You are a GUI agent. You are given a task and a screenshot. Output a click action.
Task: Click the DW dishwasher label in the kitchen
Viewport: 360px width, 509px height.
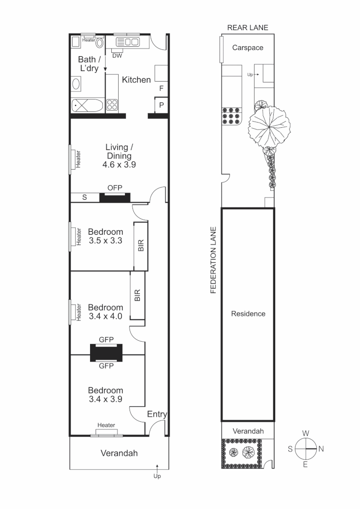click(x=117, y=56)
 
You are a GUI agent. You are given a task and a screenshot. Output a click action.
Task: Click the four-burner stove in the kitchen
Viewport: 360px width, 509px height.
click(x=112, y=105)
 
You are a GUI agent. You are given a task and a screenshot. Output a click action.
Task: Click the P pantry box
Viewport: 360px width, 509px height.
click(x=161, y=105)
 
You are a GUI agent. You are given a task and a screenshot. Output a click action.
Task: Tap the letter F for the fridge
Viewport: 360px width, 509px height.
click(x=161, y=88)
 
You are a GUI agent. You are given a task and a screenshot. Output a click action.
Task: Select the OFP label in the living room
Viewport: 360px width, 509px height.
click(x=115, y=188)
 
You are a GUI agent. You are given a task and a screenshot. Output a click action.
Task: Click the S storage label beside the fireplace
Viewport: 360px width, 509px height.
click(x=84, y=197)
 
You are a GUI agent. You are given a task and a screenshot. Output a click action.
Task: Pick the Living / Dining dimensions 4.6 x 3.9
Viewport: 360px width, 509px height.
click(x=118, y=165)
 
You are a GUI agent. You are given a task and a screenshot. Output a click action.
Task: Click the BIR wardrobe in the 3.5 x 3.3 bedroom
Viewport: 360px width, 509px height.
click(x=140, y=246)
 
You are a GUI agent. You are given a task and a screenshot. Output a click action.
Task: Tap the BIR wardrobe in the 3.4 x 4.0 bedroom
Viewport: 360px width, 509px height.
click(x=137, y=296)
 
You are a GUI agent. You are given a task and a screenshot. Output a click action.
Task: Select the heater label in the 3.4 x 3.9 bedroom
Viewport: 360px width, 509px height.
click(x=106, y=426)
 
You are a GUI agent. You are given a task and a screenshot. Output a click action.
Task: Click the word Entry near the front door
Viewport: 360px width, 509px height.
click(x=157, y=414)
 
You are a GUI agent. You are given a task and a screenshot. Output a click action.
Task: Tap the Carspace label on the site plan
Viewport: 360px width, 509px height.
click(x=247, y=48)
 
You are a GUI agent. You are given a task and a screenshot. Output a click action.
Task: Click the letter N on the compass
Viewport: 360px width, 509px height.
click(x=321, y=449)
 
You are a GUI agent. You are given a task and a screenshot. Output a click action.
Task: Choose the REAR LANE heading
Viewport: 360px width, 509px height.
click(x=247, y=27)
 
